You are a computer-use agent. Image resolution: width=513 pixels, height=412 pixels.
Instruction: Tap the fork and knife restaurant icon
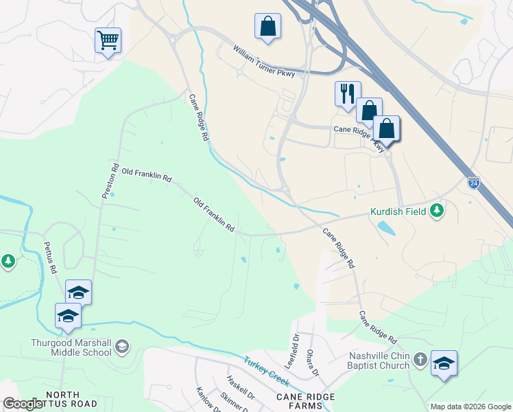[x=347, y=93]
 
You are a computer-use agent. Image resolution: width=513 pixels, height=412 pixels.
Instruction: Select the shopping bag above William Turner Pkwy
[x=267, y=27]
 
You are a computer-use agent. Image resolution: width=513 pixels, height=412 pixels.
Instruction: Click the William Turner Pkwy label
[x=263, y=61]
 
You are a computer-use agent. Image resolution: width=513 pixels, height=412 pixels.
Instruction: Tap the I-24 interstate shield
[x=474, y=182]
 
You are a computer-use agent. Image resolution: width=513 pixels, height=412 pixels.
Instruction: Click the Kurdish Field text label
[x=398, y=211]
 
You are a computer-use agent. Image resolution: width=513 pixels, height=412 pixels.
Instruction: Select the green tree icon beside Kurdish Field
[x=437, y=211]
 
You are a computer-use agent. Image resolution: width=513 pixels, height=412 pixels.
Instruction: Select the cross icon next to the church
[x=419, y=359]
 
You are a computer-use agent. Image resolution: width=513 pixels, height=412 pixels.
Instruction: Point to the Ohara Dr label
[x=312, y=363]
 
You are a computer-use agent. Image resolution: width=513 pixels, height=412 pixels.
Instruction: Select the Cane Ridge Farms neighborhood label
[x=306, y=402]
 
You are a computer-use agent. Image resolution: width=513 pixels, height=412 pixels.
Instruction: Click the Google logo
[x=23, y=404]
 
